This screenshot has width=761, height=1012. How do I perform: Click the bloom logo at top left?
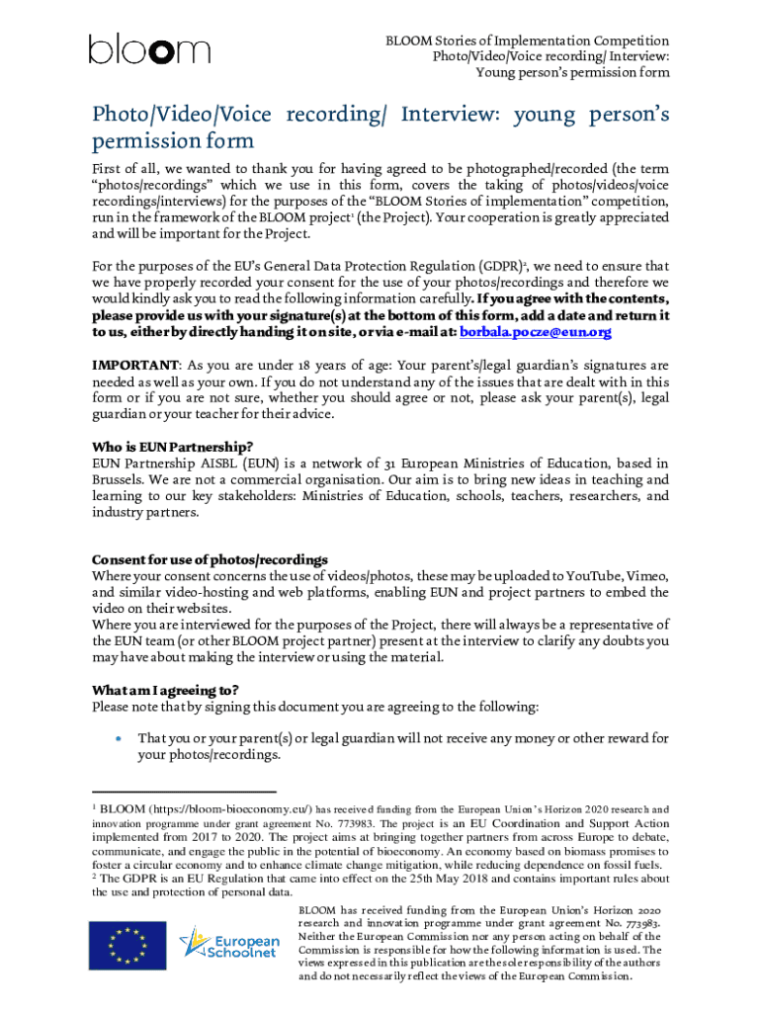[x=149, y=49]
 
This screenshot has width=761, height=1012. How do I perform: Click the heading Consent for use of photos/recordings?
[x=210, y=559]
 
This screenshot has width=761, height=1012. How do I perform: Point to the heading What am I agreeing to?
[x=165, y=690]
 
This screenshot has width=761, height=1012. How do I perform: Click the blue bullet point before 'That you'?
[x=118, y=738]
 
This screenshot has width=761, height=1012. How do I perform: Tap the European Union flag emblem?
[x=126, y=944]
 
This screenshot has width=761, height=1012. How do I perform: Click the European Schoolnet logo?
[x=222, y=944]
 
